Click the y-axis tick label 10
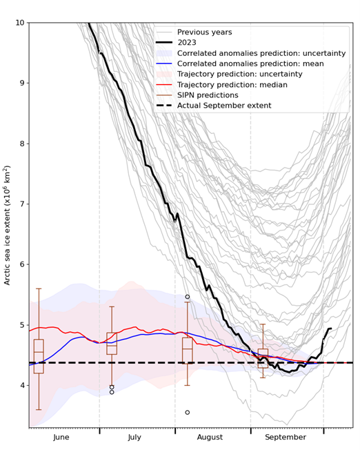[x=19, y=23]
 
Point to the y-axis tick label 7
[x=21, y=204]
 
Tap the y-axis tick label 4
[x=21, y=385]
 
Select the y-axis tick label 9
[x=21, y=84]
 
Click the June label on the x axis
[x=61, y=438]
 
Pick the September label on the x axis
[x=286, y=438]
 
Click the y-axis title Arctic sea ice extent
[x=8, y=225]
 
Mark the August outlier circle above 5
[x=187, y=297]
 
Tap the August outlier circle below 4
[x=187, y=412]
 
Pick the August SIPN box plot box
[x=187, y=350]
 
